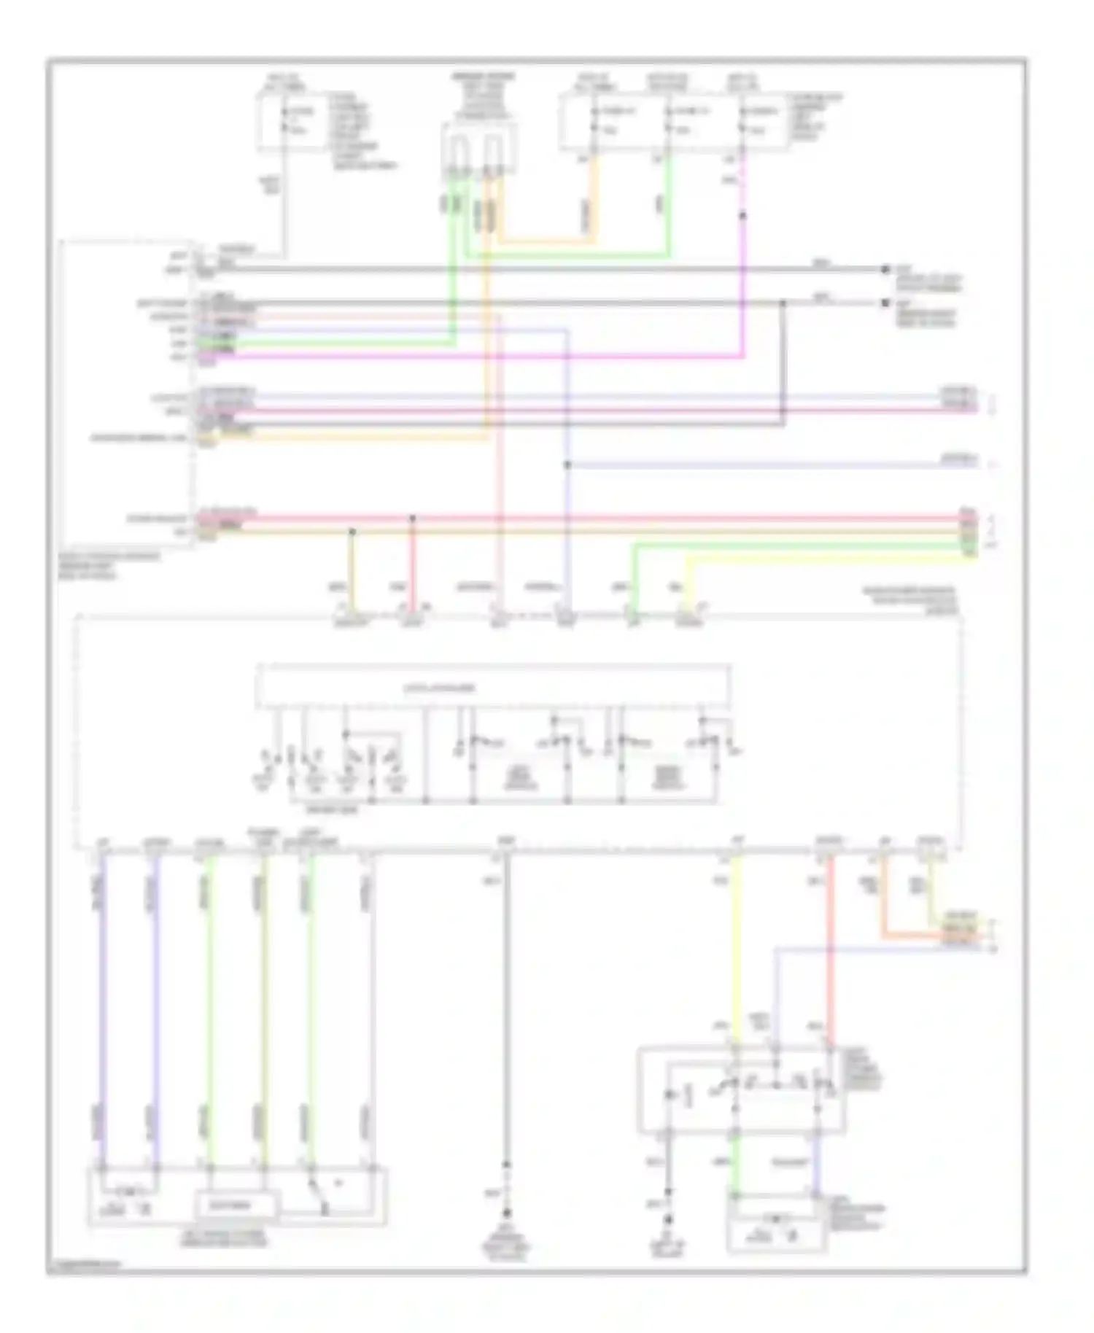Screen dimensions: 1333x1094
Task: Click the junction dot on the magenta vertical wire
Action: pos(742,216)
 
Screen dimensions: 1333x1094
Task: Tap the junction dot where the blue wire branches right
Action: pos(567,465)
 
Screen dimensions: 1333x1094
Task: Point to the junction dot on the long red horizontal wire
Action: pos(412,518)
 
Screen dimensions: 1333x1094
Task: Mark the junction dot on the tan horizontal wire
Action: pos(352,532)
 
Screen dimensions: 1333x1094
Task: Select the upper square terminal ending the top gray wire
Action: pos(885,269)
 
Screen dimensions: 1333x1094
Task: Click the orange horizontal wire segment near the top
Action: pos(547,241)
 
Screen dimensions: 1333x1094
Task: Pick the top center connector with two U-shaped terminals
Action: pos(478,149)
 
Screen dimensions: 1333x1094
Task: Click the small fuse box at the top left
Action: pos(292,122)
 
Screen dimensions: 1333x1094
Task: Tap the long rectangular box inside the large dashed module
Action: pos(493,686)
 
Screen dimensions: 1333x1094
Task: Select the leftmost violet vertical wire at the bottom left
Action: pos(102,1006)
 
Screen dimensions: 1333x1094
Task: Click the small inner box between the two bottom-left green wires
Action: pos(235,1205)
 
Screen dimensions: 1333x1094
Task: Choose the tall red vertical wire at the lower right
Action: pos(830,948)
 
